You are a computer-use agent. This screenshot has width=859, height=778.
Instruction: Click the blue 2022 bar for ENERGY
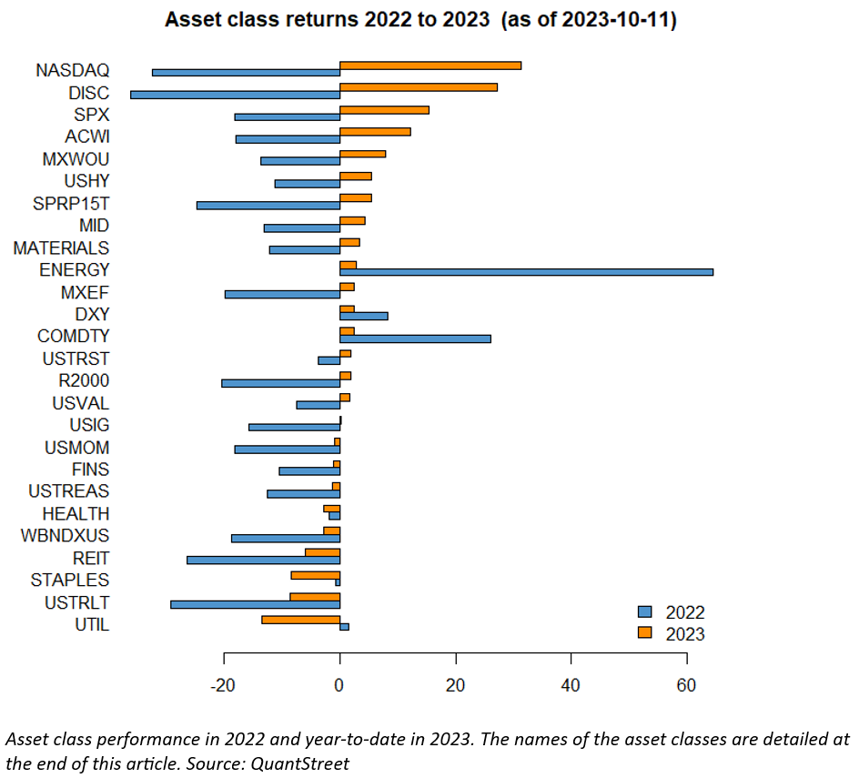coord(526,272)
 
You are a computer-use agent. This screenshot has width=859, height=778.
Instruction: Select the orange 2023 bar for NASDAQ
coord(430,65)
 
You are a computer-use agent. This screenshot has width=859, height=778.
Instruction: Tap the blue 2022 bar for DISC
coord(235,95)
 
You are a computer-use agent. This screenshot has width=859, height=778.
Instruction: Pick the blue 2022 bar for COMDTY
coord(415,338)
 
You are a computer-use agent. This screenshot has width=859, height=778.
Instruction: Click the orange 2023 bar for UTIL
coord(300,619)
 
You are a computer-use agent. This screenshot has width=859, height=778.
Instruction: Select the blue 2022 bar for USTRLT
coord(255,604)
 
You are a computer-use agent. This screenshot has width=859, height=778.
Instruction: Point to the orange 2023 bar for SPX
coord(384,109)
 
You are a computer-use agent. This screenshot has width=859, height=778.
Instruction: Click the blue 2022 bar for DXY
coord(363,316)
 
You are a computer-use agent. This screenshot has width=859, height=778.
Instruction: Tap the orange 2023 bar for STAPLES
coord(315,575)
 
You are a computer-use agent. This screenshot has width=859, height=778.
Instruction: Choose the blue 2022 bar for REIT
coord(263,560)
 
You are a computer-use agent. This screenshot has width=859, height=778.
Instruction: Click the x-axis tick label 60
coord(686,685)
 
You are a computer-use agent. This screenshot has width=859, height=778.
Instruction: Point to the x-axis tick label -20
coord(224,685)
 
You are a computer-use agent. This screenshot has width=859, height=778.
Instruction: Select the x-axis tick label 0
coord(339,685)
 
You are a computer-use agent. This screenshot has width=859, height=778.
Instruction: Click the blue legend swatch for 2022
coord(644,612)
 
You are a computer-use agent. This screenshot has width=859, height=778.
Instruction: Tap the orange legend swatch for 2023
coord(644,633)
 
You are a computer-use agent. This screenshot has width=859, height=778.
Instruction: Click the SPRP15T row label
coord(71,203)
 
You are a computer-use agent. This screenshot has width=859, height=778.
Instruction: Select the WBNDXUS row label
coord(65,536)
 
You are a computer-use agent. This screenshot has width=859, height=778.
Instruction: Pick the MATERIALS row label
coord(61,248)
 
